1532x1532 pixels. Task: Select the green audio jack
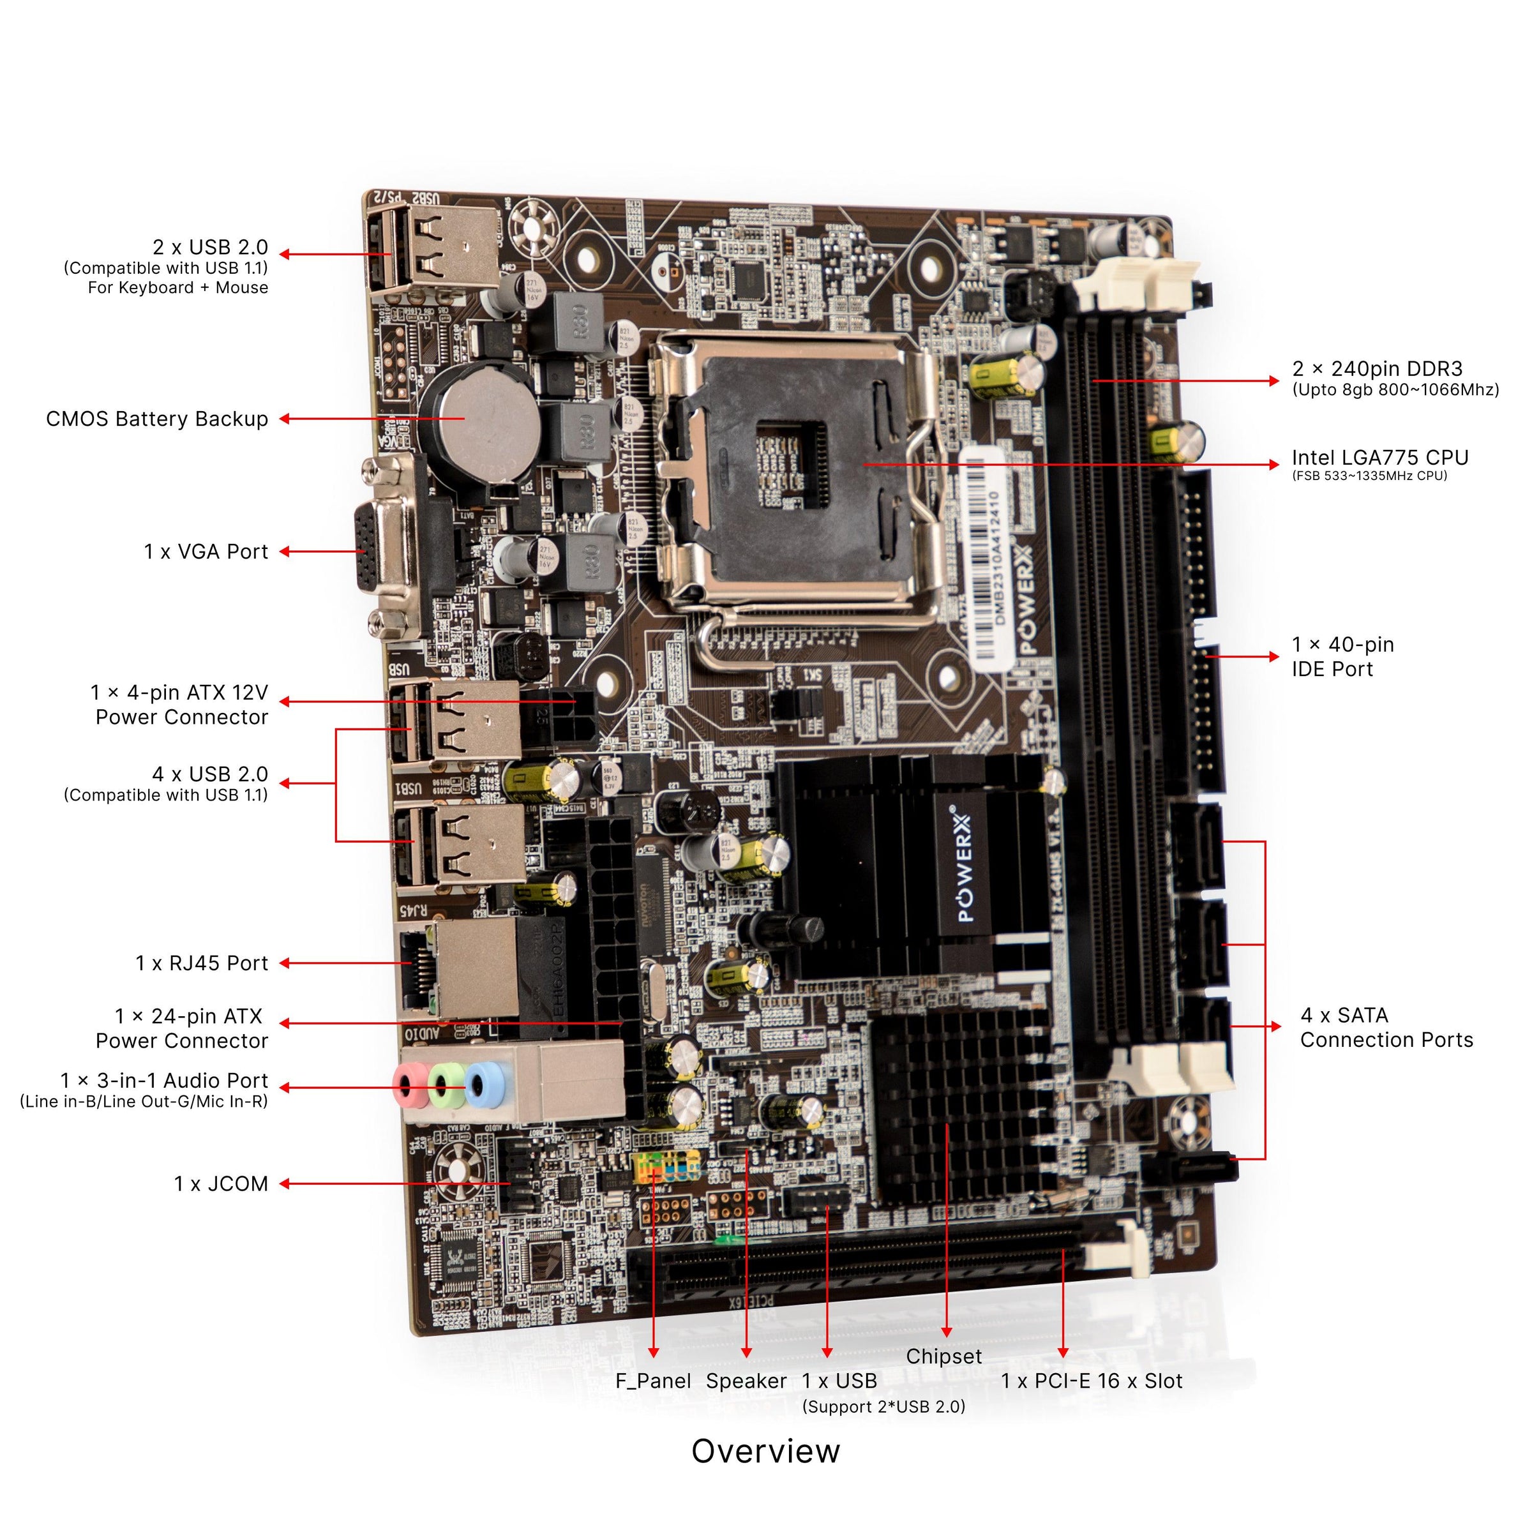click(446, 1083)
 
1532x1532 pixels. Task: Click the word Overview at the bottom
click(765, 1451)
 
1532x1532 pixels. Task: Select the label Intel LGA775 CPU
click(1379, 458)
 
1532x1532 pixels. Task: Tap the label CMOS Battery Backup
click(157, 419)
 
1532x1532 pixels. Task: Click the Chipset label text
click(943, 1356)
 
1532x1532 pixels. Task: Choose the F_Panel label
click(652, 1381)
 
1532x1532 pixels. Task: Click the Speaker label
click(746, 1381)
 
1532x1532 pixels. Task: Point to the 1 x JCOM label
click(222, 1184)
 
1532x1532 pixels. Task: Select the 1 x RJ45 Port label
click(202, 963)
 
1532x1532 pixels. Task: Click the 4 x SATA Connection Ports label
click(1386, 1028)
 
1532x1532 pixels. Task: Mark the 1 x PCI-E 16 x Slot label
click(1091, 1381)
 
